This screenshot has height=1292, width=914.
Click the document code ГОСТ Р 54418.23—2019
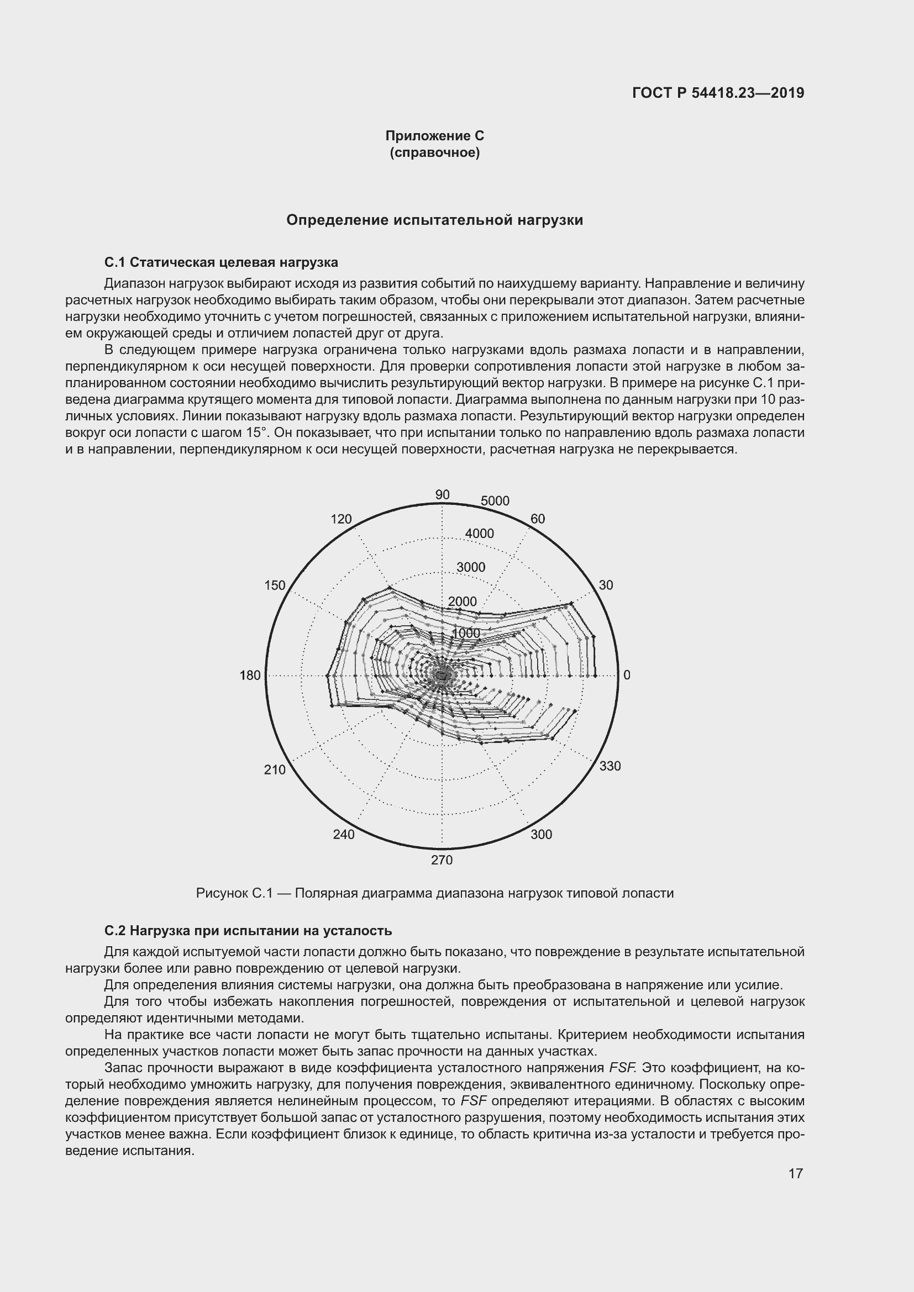(x=718, y=93)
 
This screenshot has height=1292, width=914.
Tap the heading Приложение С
(x=434, y=136)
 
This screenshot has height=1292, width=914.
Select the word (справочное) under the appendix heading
(x=434, y=152)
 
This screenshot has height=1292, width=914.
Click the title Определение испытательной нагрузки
(x=434, y=220)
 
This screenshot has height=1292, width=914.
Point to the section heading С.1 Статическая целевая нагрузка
(x=221, y=262)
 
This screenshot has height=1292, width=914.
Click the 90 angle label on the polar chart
(x=443, y=494)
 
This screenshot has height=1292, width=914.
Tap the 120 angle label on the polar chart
(x=341, y=519)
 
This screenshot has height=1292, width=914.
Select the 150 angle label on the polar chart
(x=275, y=585)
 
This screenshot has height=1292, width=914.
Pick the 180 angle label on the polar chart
(x=250, y=675)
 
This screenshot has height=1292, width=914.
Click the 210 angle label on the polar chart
(x=275, y=770)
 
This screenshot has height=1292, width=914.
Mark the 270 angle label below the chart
(x=442, y=860)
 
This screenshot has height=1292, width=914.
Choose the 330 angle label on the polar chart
(x=610, y=766)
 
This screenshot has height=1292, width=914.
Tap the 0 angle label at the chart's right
(x=627, y=675)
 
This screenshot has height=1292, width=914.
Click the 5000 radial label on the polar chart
(x=495, y=501)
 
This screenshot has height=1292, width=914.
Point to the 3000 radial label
(x=470, y=567)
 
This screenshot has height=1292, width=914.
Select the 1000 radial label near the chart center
(x=466, y=633)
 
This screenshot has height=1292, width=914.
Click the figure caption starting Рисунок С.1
(x=434, y=893)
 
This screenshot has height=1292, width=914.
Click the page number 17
(x=795, y=1173)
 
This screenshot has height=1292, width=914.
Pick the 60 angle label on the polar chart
(x=538, y=519)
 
